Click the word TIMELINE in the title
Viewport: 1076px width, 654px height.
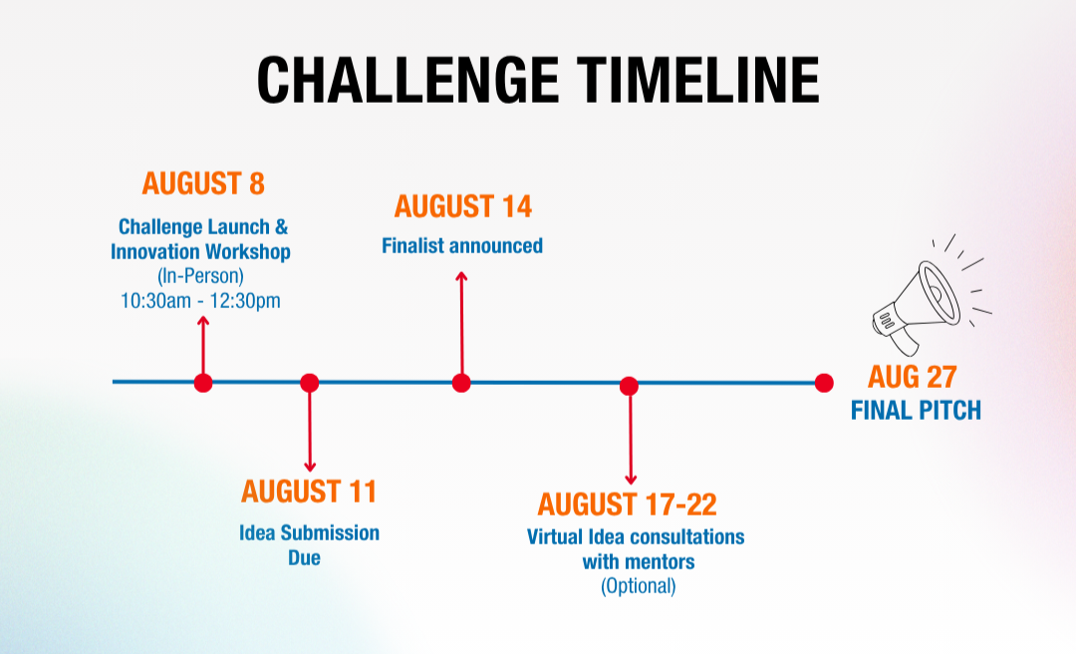pos(697,80)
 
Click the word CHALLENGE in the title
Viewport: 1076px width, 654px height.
pos(407,80)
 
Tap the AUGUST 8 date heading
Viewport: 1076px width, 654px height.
pos(203,183)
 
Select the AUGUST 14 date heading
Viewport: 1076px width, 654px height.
pos(462,206)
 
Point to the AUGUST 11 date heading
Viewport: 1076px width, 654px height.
pos(309,491)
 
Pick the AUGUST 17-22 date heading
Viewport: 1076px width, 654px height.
pos(628,504)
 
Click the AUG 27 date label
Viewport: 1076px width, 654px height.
pos(912,377)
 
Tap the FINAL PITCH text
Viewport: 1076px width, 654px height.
pos(917,410)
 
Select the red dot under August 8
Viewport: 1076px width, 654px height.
pos(203,383)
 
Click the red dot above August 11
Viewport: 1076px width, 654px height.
pos(310,383)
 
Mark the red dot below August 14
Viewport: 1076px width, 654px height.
pos(461,383)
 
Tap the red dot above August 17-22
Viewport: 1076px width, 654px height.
pos(630,386)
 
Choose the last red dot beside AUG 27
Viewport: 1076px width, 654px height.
pos(824,383)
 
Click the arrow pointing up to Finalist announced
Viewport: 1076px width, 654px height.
pos(462,323)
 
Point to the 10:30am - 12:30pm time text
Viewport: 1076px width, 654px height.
pos(200,301)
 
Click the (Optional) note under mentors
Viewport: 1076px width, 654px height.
pos(639,586)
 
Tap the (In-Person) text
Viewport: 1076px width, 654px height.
pos(200,276)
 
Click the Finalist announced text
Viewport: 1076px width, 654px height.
pos(462,245)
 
